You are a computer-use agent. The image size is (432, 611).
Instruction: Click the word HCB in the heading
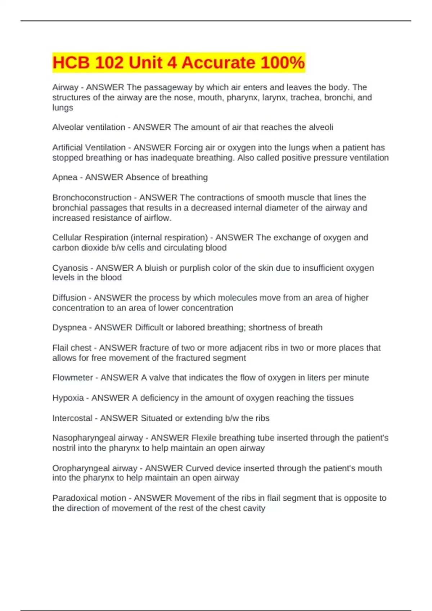point(71,63)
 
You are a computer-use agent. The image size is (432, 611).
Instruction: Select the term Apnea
point(65,178)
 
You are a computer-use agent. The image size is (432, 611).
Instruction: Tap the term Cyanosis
point(70,268)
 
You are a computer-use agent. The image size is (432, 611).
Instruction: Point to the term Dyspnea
point(69,328)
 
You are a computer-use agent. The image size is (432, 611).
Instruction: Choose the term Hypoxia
point(68,398)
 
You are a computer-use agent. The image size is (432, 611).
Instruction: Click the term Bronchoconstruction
point(92,198)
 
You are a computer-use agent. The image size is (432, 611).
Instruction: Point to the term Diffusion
point(69,298)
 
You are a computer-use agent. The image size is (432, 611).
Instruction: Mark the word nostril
point(64,448)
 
